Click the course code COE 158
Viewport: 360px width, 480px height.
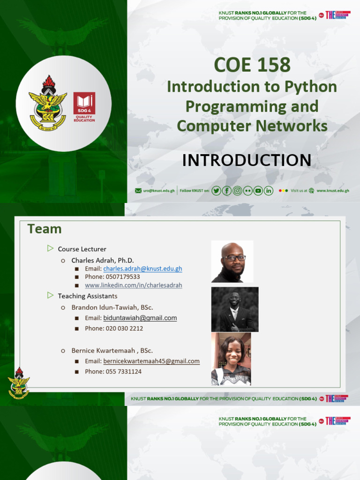pyautogui.click(x=252, y=65)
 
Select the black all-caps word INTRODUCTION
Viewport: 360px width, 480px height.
pyautogui.click(x=247, y=160)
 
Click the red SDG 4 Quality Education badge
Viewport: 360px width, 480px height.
pyautogui.click(x=84, y=107)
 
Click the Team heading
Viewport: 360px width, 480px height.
pyautogui.click(x=45, y=229)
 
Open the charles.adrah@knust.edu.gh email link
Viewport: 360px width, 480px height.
pyautogui.click(x=142, y=269)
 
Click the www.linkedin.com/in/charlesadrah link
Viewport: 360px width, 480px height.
pyautogui.click(x=134, y=285)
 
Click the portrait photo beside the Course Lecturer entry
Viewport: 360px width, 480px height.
pyautogui.click(x=232, y=262)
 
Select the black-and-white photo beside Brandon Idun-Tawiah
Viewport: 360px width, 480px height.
pyautogui.click(x=234, y=309)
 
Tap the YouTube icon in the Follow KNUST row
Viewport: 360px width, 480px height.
pyautogui.click(x=258, y=190)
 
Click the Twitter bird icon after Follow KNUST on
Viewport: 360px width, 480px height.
pyautogui.click(x=216, y=190)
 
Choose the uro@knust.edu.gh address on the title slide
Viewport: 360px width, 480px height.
pyautogui.click(x=159, y=191)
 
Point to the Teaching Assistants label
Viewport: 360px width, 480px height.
pyautogui.click(x=88, y=296)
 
